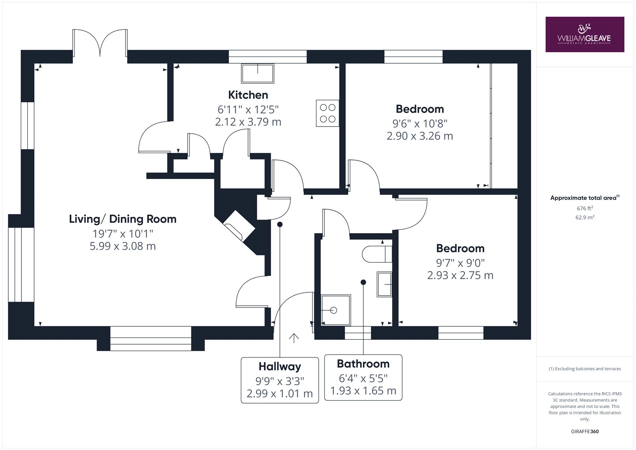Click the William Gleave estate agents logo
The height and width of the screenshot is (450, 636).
[585, 34]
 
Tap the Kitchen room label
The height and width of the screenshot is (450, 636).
[248, 95]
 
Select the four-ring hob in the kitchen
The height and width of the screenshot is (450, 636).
[328, 113]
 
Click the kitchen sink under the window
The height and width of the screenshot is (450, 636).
[258, 73]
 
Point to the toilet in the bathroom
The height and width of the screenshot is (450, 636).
[377, 254]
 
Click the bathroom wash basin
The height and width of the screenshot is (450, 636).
[384, 284]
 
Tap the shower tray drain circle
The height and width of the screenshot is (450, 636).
[334, 310]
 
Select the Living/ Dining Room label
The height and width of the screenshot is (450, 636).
[123, 219]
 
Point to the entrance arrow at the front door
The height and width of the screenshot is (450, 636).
[294, 338]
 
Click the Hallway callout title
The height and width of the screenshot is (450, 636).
[280, 367]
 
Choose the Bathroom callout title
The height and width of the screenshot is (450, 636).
[363, 364]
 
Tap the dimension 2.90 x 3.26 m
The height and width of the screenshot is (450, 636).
[420, 136]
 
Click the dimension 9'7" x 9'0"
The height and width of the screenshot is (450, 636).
[460, 263]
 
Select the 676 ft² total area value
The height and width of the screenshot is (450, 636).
[585, 208]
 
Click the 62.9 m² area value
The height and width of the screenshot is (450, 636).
[585, 218]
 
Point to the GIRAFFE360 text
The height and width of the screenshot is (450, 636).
[585, 432]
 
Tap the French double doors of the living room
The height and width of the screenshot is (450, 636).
[100, 43]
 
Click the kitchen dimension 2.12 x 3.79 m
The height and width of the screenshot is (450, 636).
[248, 122]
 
